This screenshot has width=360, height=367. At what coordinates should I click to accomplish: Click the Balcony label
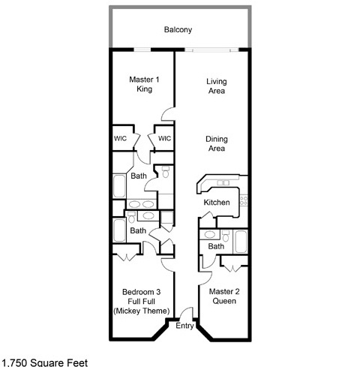(178, 30)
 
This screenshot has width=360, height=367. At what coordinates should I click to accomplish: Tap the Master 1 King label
(144, 84)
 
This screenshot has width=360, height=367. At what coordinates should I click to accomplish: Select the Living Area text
(217, 86)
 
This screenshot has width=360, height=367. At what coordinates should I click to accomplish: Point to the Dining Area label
(217, 143)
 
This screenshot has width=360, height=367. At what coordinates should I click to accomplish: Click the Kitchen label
(217, 202)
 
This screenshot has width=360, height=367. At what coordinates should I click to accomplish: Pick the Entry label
(184, 326)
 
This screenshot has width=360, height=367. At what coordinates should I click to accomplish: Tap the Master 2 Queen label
(224, 296)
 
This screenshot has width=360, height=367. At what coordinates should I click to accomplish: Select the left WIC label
(120, 138)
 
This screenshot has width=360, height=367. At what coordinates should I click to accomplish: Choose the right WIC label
(164, 138)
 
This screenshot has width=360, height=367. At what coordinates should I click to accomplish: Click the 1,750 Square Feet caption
(44, 362)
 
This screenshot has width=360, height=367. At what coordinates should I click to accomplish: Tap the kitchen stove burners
(244, 200)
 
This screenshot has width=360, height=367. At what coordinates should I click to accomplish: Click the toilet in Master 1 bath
(166, 172)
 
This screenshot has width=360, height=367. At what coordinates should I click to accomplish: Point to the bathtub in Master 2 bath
(241, 242)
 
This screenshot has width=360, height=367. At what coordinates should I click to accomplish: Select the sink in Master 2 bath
(209, 235)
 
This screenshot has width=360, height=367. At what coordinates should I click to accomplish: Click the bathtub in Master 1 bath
(119, 186)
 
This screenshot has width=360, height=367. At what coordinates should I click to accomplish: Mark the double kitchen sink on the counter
(223, 183)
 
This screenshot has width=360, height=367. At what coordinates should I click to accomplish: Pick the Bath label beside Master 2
(216, 246)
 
